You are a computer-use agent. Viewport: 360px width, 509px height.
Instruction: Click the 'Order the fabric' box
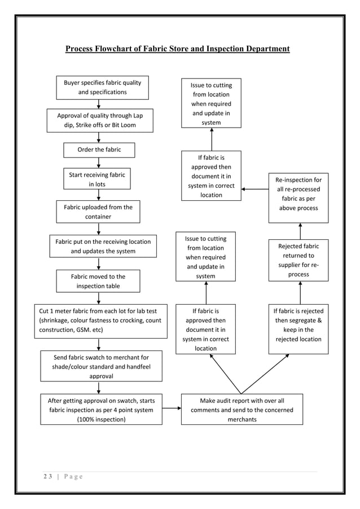pos(99,150)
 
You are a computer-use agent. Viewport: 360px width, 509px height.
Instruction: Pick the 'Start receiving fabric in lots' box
pos(96,179)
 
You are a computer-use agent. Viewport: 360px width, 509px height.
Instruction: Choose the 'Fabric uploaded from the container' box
pos(98,212)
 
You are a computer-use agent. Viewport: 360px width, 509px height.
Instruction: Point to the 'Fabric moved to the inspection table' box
pos(98,281)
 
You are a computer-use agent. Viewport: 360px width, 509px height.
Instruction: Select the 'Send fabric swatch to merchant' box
pos(101,366)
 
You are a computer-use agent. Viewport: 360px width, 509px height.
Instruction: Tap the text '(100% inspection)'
pos(101,419)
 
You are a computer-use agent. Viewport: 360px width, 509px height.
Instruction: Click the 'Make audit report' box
pos(242,410)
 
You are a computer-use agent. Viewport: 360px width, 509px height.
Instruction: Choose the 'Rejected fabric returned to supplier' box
pos(298,260)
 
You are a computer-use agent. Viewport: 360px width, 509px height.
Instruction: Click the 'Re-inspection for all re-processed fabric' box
pos(297,194)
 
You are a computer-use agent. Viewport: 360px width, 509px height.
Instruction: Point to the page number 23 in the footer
pos(47,476)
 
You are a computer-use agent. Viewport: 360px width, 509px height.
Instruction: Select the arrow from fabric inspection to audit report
pos(172,410)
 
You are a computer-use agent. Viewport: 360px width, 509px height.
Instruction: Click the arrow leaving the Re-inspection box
pos(255,190)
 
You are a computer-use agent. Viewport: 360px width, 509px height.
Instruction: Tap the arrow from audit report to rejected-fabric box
pos(266,374)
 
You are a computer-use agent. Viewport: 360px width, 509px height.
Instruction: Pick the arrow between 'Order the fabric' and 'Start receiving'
pos(99,162)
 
